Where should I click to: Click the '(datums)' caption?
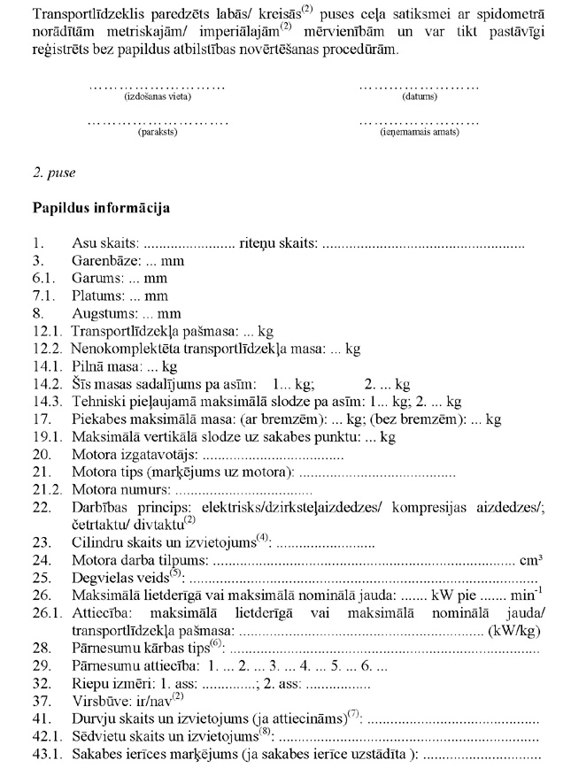pyautogui.click(x=419, y=96)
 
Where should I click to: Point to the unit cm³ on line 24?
pyautogui.click(x=532, y=560)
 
